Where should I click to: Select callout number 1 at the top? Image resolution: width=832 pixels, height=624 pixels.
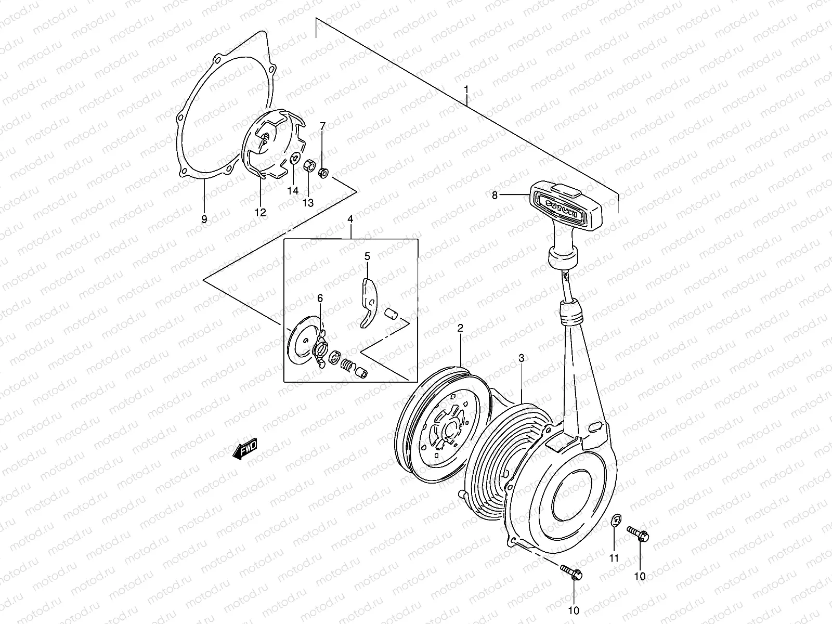(466, 90)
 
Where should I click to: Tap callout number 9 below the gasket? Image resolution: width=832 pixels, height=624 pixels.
(204, 219)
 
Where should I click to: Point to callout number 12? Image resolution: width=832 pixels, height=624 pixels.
(260, 212)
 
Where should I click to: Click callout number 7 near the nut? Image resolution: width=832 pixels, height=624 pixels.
(322, 126)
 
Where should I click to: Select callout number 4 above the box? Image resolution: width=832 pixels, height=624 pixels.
(350, 220)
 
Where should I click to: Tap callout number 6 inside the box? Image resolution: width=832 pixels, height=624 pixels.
(320, 298)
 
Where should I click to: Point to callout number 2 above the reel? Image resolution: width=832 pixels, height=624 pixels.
(460, 328)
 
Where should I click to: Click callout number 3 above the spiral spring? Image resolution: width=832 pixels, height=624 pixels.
(521, 358)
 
